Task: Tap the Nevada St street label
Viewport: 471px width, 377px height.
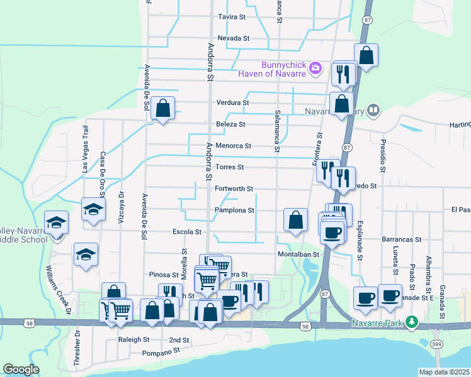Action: tap(234, 38)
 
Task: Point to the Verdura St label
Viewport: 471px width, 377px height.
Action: tap(233, 102)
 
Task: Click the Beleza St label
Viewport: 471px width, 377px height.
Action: tap(230, 124)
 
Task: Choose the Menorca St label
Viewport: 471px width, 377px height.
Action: tap(233, 146)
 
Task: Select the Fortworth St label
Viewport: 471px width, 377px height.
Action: tap(234, 188)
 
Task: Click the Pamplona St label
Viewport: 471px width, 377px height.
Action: tap(234, 210)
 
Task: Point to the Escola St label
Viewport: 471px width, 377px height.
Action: tap(186, 232)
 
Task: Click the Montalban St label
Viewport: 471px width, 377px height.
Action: tap(300, 254)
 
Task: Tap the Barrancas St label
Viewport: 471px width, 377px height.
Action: tap(401, 239)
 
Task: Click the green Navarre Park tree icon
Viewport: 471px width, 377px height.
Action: tap(412, 322)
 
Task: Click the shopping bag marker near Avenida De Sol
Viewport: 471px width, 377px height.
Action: tap(163, 108)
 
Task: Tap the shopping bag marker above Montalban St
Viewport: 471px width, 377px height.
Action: tap(295, 220)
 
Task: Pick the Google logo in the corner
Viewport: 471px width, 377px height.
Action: tap(20, 369)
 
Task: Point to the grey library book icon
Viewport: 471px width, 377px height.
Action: tap(373, 111)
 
